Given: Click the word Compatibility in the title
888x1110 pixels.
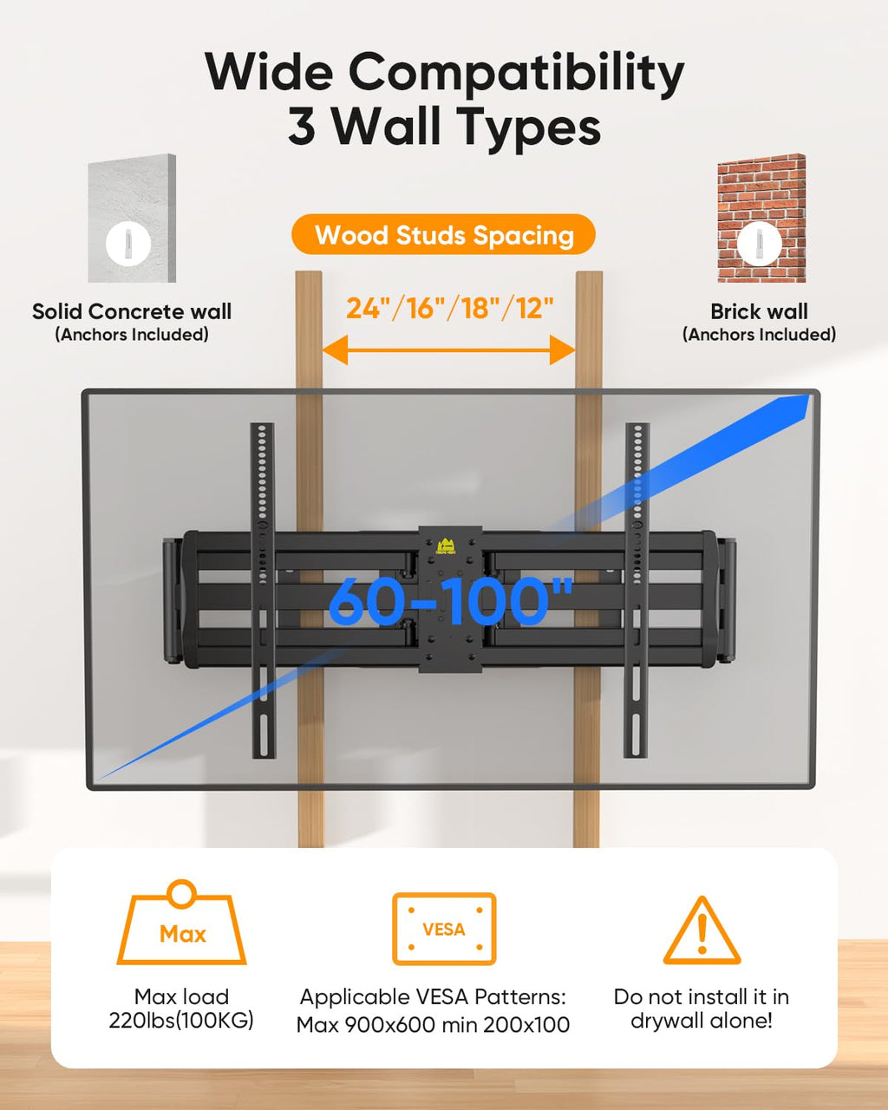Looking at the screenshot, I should pos(516,73).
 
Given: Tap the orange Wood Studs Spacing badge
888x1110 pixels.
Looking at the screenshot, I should pos(444,235).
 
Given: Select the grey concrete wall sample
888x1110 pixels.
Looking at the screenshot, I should pos(132,218).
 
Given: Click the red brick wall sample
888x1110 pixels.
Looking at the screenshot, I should pos(761,218).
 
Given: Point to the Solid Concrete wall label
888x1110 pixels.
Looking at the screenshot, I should pos(132,311).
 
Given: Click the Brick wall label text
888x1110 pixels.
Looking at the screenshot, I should pos(759,311).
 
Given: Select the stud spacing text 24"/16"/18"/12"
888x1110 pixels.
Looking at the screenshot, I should pos(449,308).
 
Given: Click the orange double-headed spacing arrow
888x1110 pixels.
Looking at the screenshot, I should pos(448,350).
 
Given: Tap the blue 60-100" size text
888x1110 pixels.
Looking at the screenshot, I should pos(451,601).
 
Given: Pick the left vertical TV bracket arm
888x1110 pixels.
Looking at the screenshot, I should pos(263,590).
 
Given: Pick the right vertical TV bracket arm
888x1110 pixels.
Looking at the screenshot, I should pos(637,590).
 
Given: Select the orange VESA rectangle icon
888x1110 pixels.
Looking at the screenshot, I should pos(444,929).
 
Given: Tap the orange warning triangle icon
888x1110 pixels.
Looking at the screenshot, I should pos(702,931).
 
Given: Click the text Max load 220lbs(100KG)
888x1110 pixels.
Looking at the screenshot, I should pos(181,1009).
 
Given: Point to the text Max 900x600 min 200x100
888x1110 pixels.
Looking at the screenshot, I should pos(434,1025).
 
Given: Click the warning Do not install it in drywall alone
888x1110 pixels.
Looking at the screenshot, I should pos(701,1009).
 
